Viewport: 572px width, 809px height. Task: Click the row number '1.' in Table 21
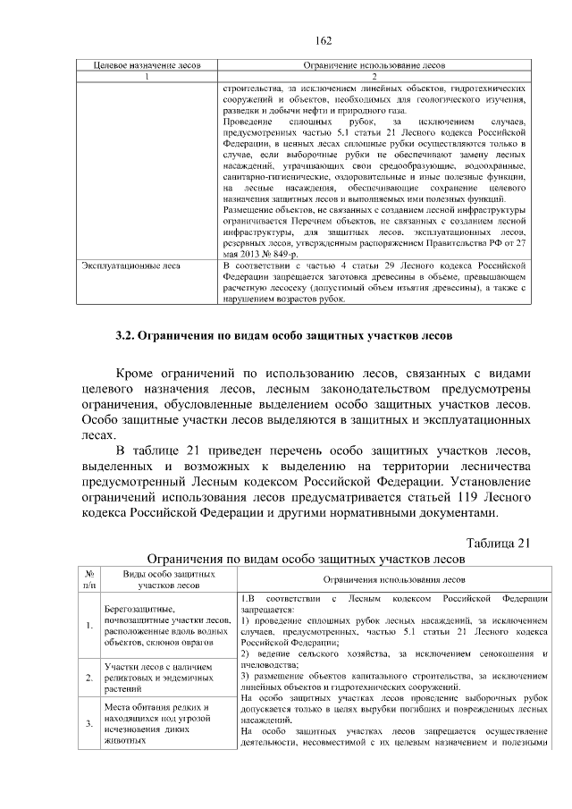tap(89, 625)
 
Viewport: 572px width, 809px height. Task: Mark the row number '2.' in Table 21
tap(89, 678)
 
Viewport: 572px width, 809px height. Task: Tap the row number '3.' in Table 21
tap(89, 723)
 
